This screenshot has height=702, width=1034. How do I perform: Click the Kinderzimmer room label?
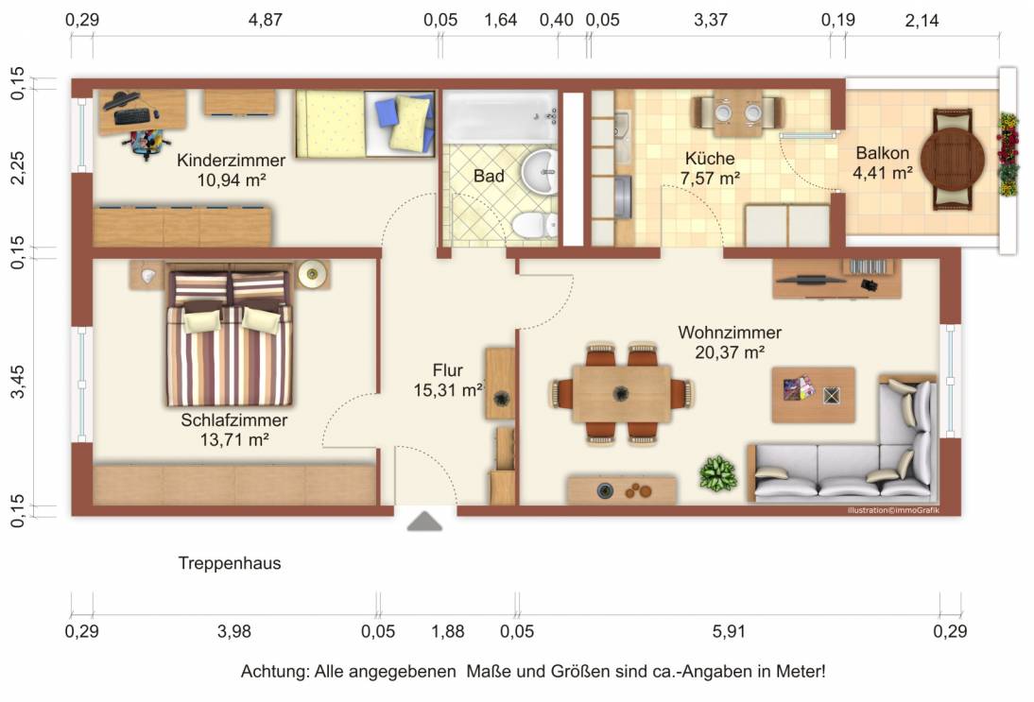point(231,161)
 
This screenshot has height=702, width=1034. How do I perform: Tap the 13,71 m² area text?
point(234,439)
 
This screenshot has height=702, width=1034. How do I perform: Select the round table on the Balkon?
point(952,160)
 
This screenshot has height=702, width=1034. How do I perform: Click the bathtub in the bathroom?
point(500,116)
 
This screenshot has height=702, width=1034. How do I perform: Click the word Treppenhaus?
point(230,563)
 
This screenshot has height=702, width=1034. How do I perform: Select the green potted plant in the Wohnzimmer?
point(717,472)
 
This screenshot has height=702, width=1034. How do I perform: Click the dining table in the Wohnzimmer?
point(621,394)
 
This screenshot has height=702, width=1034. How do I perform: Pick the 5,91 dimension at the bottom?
point(729,631)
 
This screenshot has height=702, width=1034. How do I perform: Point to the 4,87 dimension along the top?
point(265,21)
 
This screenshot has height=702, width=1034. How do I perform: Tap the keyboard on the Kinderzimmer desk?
point(132,116)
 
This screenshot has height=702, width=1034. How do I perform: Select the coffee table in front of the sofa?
point(814,395)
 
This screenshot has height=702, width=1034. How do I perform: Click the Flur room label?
point(448,370)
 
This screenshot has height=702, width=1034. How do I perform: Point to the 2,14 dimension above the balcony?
point(922,21)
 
